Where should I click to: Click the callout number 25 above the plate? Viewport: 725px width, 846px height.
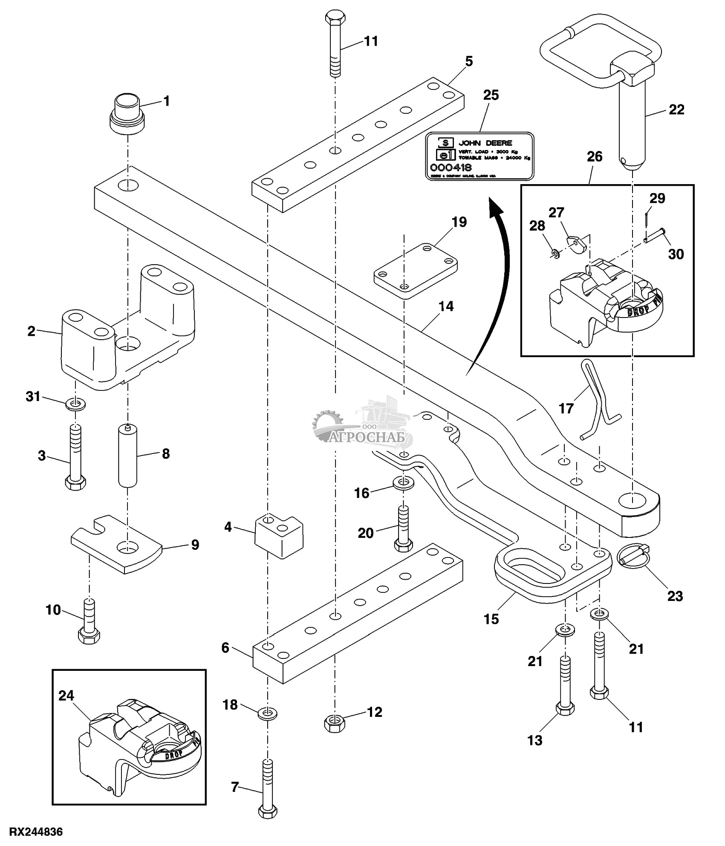pos(491,95)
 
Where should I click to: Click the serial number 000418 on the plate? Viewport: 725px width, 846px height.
pos(451,167)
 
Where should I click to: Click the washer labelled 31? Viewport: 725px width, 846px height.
pos(75,403)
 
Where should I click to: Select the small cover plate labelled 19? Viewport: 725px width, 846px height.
pos(416,271)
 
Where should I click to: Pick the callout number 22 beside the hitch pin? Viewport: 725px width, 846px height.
pos(676,110)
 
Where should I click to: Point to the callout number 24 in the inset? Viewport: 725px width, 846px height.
pos(66,696)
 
